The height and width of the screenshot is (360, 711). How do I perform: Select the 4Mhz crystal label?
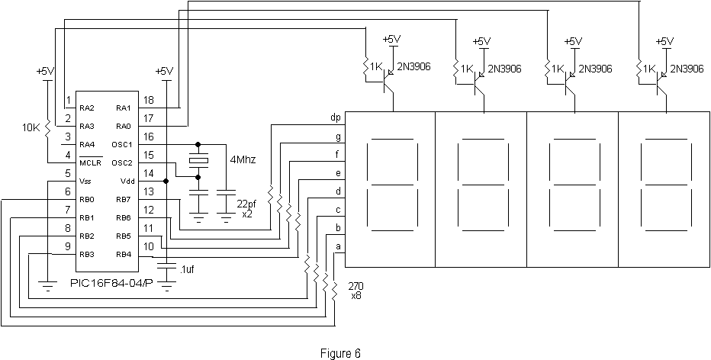(x=243, y=160)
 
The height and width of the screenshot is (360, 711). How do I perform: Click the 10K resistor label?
(x=32, y=128)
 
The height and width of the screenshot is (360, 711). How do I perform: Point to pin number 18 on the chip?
(x=148, y=100)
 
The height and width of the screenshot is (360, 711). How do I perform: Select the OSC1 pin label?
(x=124, y=144)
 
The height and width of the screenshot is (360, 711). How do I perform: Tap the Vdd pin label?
(x=126, y=181)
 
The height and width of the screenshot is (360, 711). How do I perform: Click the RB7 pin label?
(x=124, y=199)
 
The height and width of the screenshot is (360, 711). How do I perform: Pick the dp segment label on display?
(x=335, y=117)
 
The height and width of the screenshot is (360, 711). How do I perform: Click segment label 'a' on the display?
(x=337, y=246)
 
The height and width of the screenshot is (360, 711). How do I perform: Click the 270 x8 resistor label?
(x=355, y=290)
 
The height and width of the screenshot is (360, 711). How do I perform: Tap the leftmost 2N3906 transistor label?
(x=413, y=67)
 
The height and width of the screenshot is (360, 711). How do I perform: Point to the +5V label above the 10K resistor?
(x=45, y=71)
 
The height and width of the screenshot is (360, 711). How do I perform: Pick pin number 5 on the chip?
(x=68, y=173)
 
